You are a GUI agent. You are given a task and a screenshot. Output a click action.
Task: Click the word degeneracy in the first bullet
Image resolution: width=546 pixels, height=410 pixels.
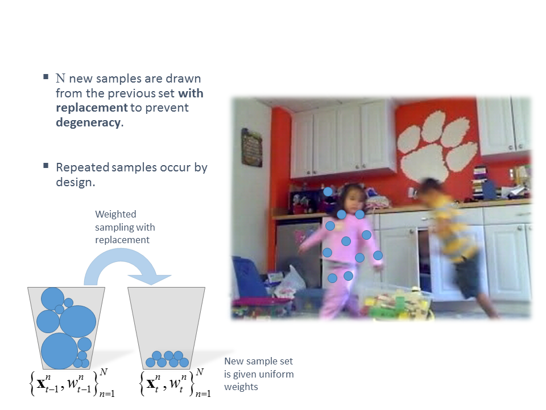(x=89, y=123)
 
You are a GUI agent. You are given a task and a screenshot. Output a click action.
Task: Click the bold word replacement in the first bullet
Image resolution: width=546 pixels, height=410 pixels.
(x=92, y=108)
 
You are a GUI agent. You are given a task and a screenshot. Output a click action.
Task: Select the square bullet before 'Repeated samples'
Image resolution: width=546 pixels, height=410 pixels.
(x=46, y=165)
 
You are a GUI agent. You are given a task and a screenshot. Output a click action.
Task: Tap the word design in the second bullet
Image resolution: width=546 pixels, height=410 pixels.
(x=75, y=182)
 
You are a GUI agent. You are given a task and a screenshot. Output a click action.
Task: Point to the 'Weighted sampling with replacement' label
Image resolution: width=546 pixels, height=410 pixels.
(x=125, y=227)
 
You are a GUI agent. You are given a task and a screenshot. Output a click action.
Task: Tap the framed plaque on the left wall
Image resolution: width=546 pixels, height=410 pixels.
(x=252, y=147)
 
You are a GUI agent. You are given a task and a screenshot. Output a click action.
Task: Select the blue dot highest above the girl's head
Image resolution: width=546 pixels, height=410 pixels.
(x=328, y=191)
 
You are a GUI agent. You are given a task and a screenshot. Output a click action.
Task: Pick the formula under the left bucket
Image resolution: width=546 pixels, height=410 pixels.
(x=72, y=383)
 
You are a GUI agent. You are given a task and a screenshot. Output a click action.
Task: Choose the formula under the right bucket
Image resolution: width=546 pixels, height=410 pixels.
(x=176, y=383)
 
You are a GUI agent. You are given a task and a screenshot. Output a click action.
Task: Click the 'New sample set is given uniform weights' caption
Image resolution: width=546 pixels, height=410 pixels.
(x=259, y=374)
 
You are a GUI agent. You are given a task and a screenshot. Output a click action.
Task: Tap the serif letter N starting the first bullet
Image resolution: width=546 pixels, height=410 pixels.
(x=61, y=79)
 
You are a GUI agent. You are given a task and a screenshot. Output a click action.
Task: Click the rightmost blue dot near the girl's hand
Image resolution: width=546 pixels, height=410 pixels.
(x=378, y=256)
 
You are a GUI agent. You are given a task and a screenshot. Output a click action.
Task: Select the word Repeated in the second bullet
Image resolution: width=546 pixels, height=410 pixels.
(x=82, y=167)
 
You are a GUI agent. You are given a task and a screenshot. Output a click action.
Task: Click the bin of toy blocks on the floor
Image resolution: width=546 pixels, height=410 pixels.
(x=397, y=302)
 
